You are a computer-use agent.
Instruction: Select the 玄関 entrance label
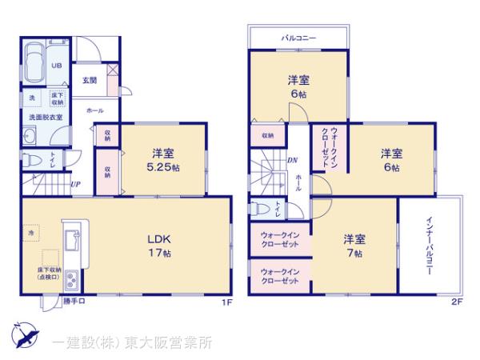(89, 79)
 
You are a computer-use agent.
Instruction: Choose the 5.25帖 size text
(163, 168)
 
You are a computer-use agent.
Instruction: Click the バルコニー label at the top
(298, 37)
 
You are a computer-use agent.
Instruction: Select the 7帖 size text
(354, 253)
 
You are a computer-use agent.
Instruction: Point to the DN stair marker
(292, 159)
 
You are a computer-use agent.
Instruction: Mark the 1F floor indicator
(226, 302)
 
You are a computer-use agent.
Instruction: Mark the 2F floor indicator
(457, 302)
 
